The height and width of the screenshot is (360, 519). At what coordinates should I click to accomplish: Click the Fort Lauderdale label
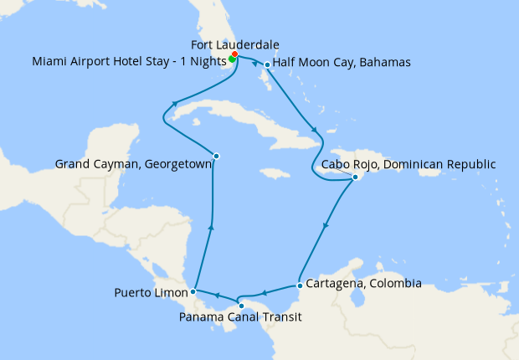[234, 44]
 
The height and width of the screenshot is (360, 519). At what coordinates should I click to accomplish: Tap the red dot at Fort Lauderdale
[235, 54]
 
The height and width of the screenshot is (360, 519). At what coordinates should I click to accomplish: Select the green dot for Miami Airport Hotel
[231, 59]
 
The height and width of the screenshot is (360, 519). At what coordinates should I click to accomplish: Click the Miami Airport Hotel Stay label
[129, 61]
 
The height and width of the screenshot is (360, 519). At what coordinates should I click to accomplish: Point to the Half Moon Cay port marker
[267, 64]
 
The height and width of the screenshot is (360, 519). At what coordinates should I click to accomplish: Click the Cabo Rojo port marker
[355, 177]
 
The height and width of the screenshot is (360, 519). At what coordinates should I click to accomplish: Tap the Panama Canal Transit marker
[241, 306]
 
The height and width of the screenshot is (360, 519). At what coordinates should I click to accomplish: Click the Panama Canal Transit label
[240, 317]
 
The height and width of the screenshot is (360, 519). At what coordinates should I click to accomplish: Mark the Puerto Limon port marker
[193, 291]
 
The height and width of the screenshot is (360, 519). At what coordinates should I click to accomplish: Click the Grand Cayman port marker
[216, 156]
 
